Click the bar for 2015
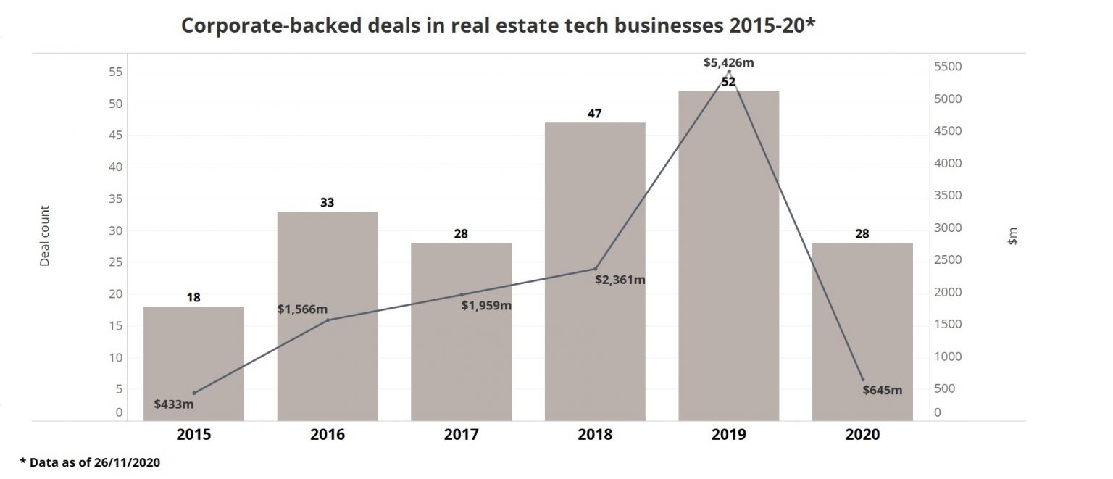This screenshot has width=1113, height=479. click(193, 362)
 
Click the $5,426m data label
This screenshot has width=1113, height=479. click(728, 62)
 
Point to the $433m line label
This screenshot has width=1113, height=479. click(174, 403)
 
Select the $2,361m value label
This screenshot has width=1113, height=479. click(620, 280)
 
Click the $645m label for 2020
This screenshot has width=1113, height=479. click(882, 390)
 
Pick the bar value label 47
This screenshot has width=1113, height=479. click(595, 113)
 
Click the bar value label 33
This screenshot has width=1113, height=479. click(328, 202)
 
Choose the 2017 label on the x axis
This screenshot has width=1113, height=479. click(461, 435)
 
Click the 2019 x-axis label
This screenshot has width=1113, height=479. click(728, 435)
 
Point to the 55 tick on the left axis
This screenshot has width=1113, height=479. click(114, 72)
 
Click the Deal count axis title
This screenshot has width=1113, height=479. click(45, 235)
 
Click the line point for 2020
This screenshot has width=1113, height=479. click(862, 379)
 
